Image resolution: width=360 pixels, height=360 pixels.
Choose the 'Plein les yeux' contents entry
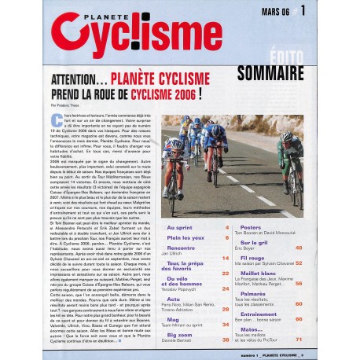point(186,237)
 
